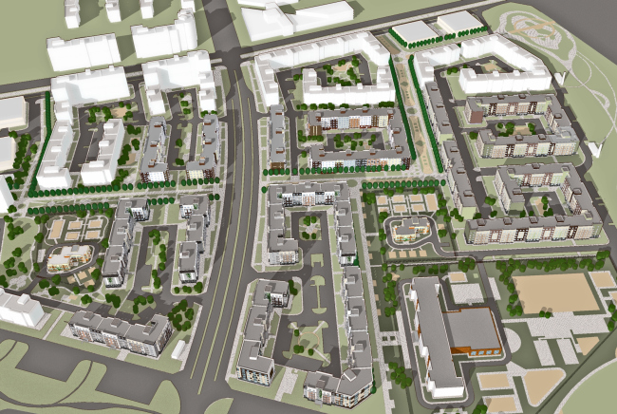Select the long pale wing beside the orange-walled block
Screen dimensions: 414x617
coord(434,338)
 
